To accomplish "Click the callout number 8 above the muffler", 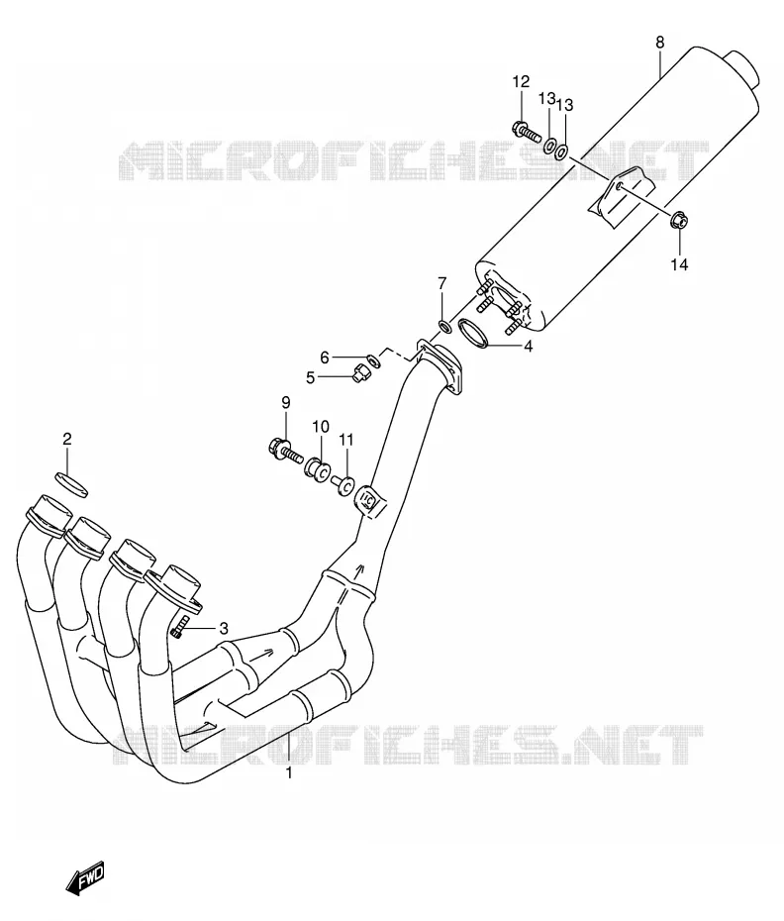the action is [x=660, y=43].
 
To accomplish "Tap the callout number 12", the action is [x=521, y=81].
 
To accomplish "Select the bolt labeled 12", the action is [x=527, y=131].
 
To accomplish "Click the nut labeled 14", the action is [x=679, y=220].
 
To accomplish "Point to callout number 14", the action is [x=679, y=264].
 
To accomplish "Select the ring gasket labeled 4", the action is [x=473, y=332].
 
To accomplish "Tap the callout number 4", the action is [x=529, y=347].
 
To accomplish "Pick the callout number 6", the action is [x=324, y=358].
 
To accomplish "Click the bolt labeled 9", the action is [x=285, y=452].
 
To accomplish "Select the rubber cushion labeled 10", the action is [x=318, y=470].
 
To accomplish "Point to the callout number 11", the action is [x=346, y=440].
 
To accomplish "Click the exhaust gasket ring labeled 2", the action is [x=71, y=483].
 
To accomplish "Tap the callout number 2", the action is [x=67, y=439].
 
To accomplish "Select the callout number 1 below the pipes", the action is [x=289, y=773].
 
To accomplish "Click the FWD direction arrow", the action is [x=85, y=877].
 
